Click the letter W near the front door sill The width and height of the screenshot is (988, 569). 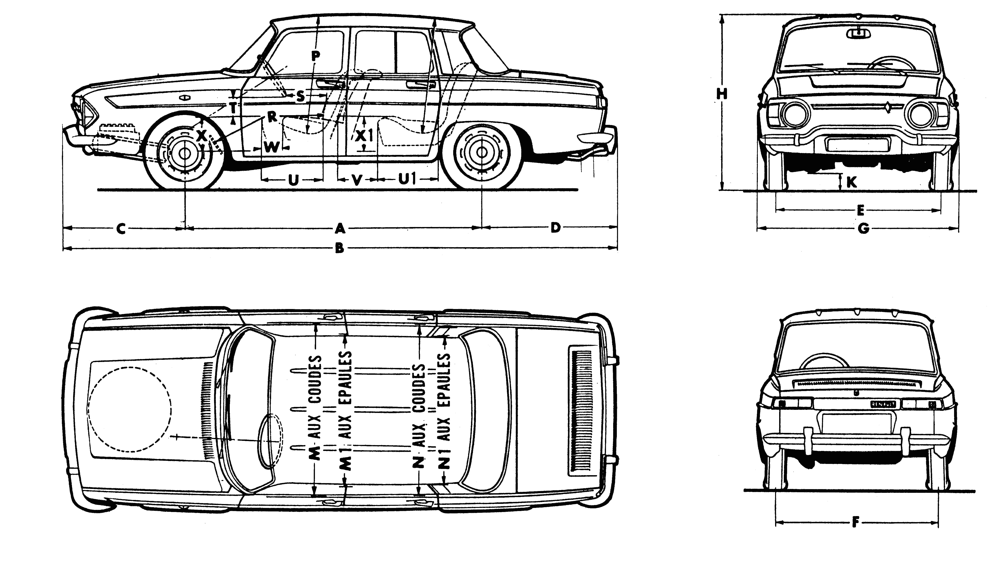click(271, 147)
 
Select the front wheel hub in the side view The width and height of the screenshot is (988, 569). click(184, 154)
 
